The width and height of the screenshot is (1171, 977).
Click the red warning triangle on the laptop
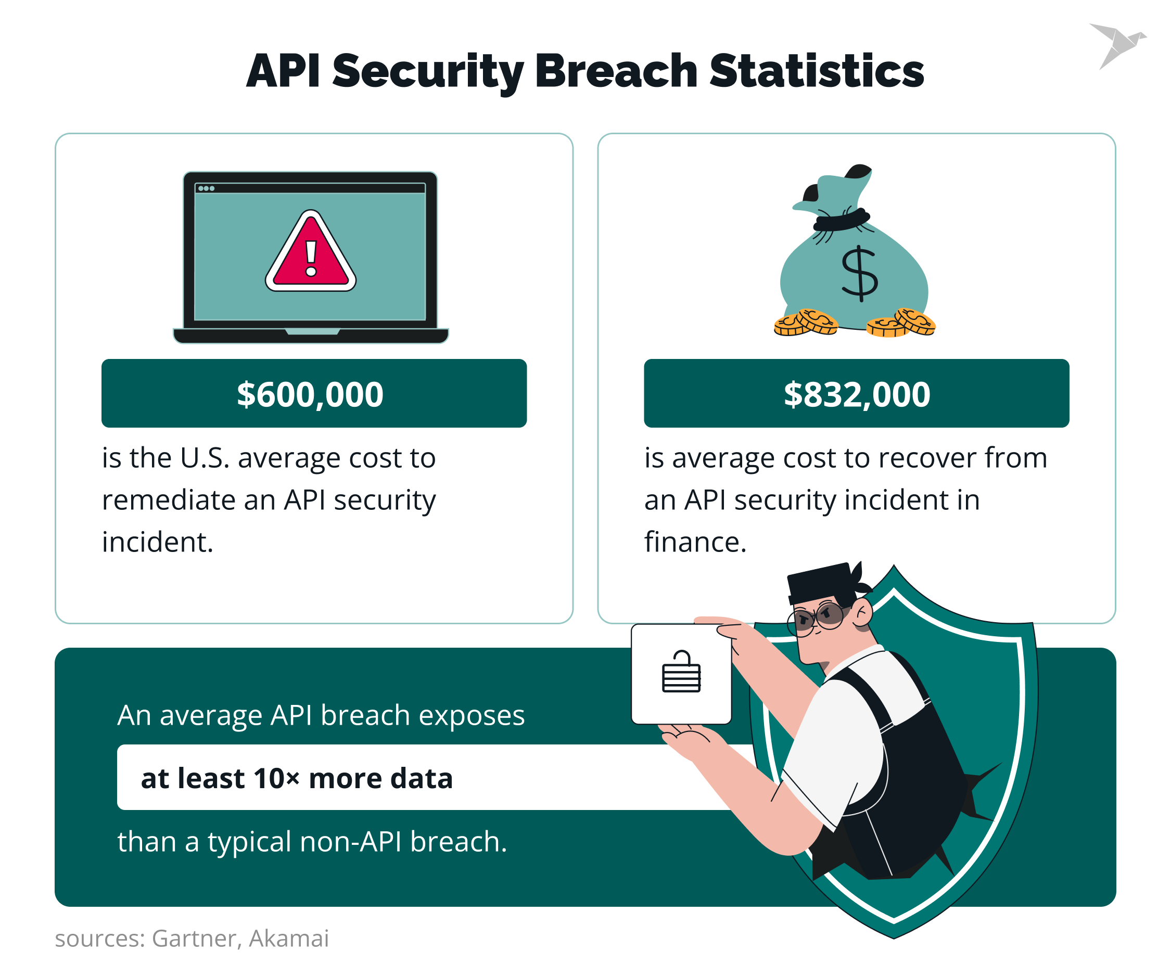point(311,253)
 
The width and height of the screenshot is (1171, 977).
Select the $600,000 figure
point(310,394)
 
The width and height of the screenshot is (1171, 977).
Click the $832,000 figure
point(857,394)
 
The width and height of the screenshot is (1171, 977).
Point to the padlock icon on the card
point(681,672)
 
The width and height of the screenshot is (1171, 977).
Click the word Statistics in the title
point(817,71)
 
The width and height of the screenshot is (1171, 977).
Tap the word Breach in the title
point(616,71)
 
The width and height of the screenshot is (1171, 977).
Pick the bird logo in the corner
point(1117,45)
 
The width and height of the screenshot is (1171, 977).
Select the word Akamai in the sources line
point(289,939)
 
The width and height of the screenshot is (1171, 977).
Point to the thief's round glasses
point(817,618)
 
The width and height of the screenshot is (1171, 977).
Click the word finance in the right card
point(695,542)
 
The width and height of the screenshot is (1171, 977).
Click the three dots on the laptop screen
point(206,188)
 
